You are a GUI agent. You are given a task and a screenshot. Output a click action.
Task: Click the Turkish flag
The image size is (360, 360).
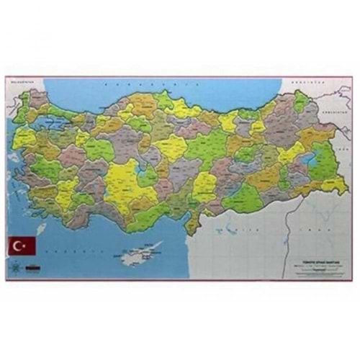pos(22,246)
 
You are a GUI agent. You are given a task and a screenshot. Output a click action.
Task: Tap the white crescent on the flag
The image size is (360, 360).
pos(19,246)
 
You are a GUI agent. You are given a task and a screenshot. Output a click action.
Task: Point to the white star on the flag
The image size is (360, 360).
pos(24,246)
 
